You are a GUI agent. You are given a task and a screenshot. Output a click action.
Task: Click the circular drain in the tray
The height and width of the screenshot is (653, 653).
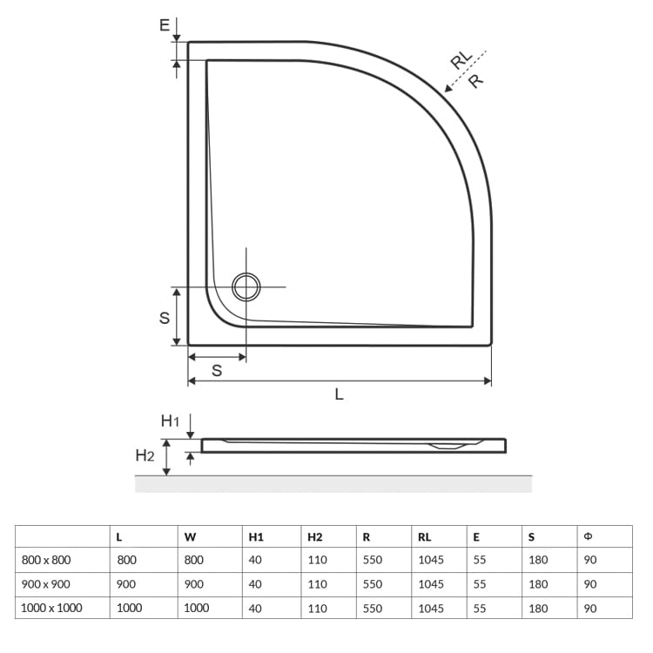pyautogui.click(x=246, y=287)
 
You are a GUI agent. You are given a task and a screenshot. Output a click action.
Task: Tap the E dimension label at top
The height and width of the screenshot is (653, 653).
pyautogui.click(x=165, y=25)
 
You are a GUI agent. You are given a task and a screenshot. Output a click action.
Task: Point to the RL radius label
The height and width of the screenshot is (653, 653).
pyautogui.click(x=461, y=59)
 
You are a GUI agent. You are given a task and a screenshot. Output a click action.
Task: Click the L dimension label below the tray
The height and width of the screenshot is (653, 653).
pyautogui.click(x=339, y=394)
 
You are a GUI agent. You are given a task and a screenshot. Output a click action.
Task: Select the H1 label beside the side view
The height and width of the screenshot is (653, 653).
pyautogui.click(x=170, y=421)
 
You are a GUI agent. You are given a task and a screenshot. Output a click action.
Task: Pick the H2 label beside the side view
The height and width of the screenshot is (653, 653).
pyautogui.click(x=145, y=455)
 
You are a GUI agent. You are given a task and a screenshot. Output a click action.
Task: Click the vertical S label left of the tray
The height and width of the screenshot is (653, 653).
pyautogui.click(x=165, y=318)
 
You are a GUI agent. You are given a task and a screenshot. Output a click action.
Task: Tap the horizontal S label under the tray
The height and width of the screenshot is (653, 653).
pyautogui.click(x=217, y=370)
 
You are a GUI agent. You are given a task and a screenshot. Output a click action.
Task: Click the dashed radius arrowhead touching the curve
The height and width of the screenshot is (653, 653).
pyautogui.click(x=448, y=88)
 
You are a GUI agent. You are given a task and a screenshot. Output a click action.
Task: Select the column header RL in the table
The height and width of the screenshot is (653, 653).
pyautogui.click(x=424, y=537)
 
